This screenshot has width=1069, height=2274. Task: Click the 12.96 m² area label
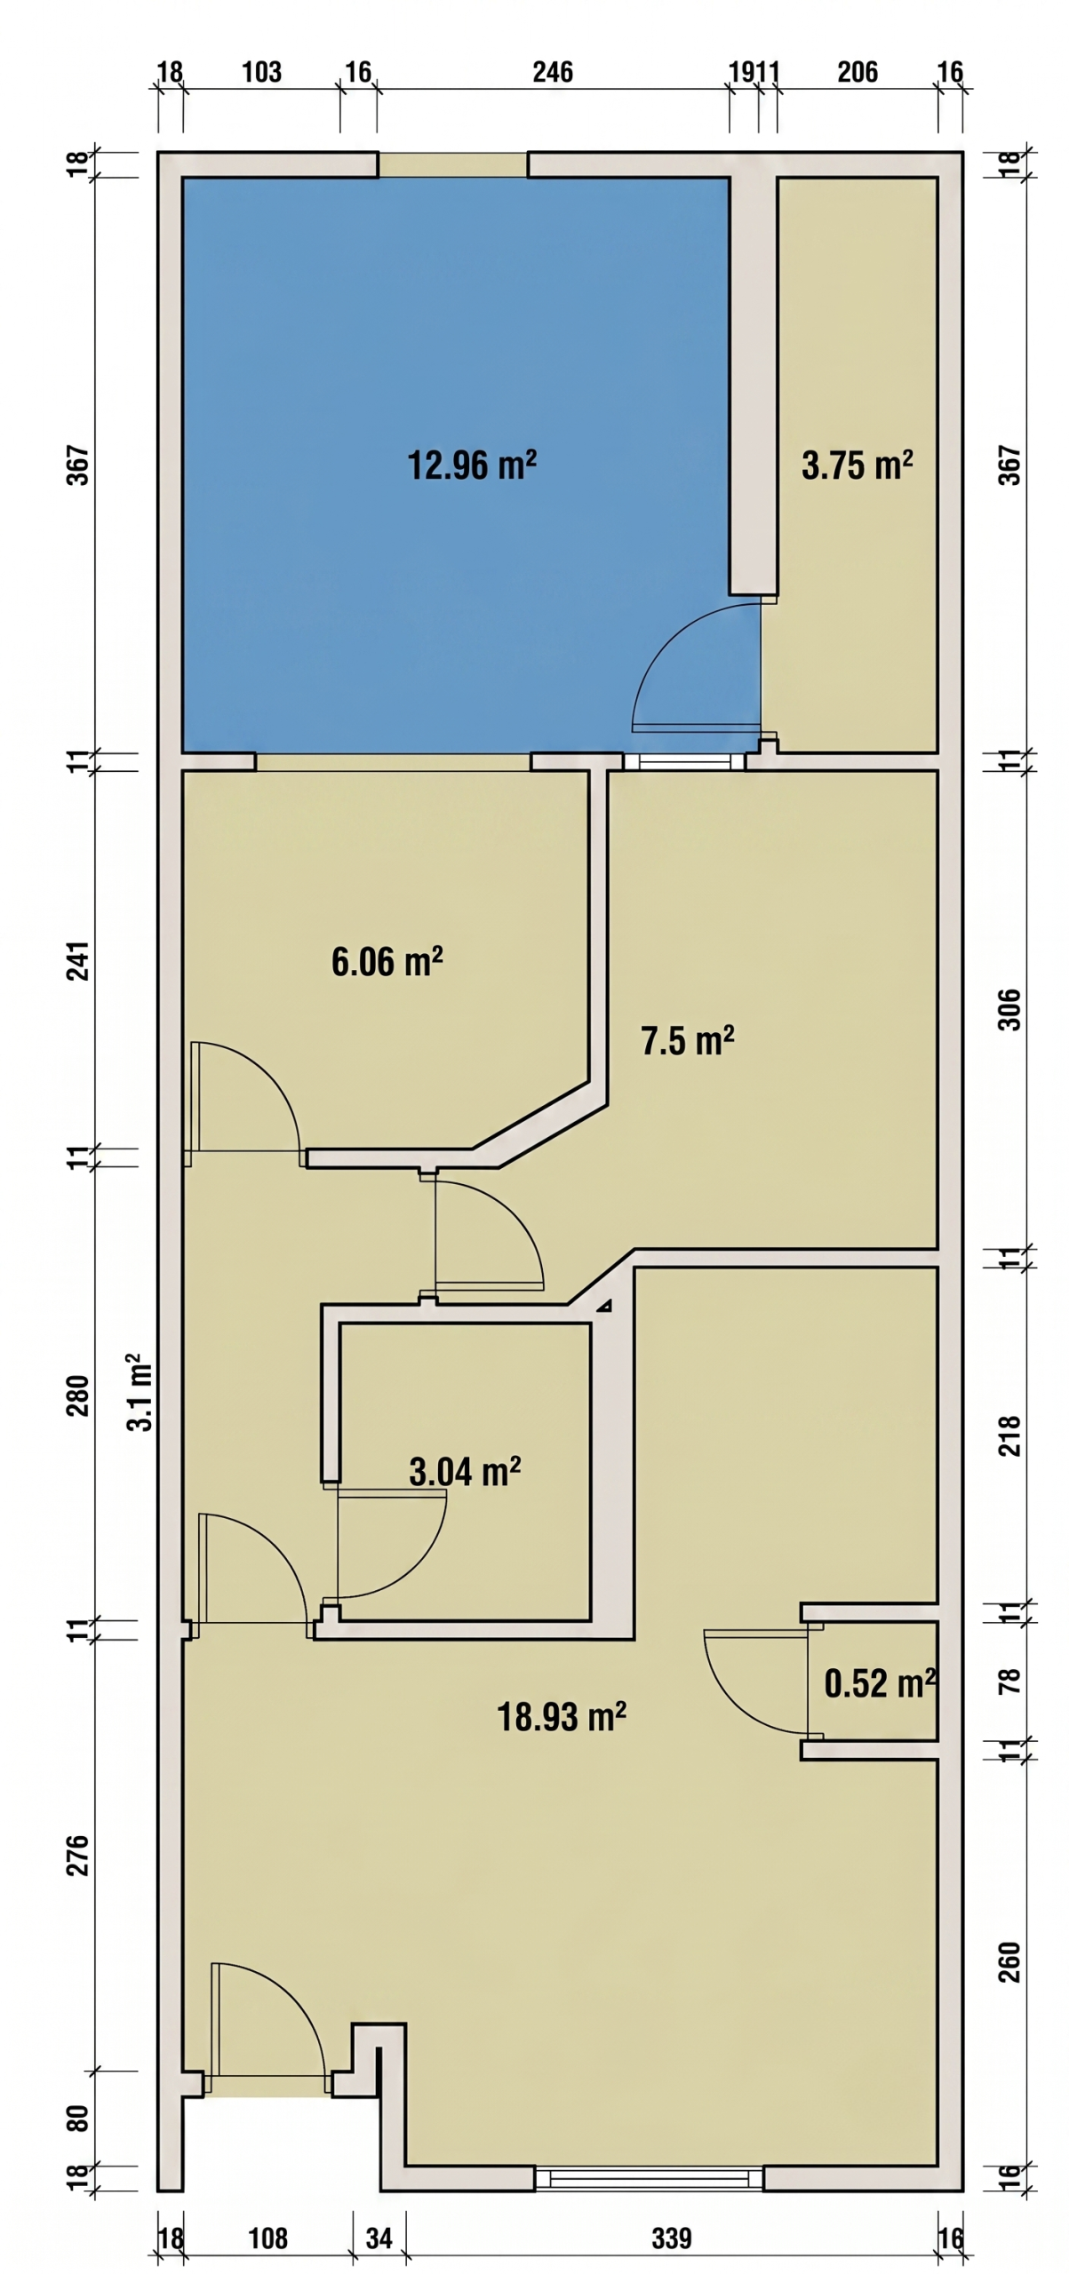(x=472, y=465)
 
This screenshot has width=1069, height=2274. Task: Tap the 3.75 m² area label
(x=857, y=465)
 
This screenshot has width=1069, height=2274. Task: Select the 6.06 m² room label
(x=387, y=961)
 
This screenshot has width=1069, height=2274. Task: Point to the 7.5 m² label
(x=687, y=1040)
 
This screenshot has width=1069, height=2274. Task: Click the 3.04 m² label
(x=464, y=1472)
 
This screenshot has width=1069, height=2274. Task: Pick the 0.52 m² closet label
(x=880, y=1683)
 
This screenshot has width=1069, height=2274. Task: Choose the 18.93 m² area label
(x=561, y=1717)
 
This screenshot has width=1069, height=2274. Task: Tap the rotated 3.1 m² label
(x=140, y=1392)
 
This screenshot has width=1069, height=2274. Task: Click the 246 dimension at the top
(x=553, y=72)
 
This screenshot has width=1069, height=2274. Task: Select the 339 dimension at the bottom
(x=671, y=2238)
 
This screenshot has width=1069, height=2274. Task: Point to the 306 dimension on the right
(x=1010, y=1009)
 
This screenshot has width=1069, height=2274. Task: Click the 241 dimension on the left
(x=79, y=960)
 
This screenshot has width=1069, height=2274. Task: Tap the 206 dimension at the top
(x=858, y=72)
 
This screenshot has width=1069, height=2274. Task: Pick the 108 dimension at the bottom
(x=267, y=2238)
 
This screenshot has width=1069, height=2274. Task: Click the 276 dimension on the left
(x=79, y=1855)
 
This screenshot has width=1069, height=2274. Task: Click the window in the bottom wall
(x=649, y=2178)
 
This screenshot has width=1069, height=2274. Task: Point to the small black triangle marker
(x=604, y=1306)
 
